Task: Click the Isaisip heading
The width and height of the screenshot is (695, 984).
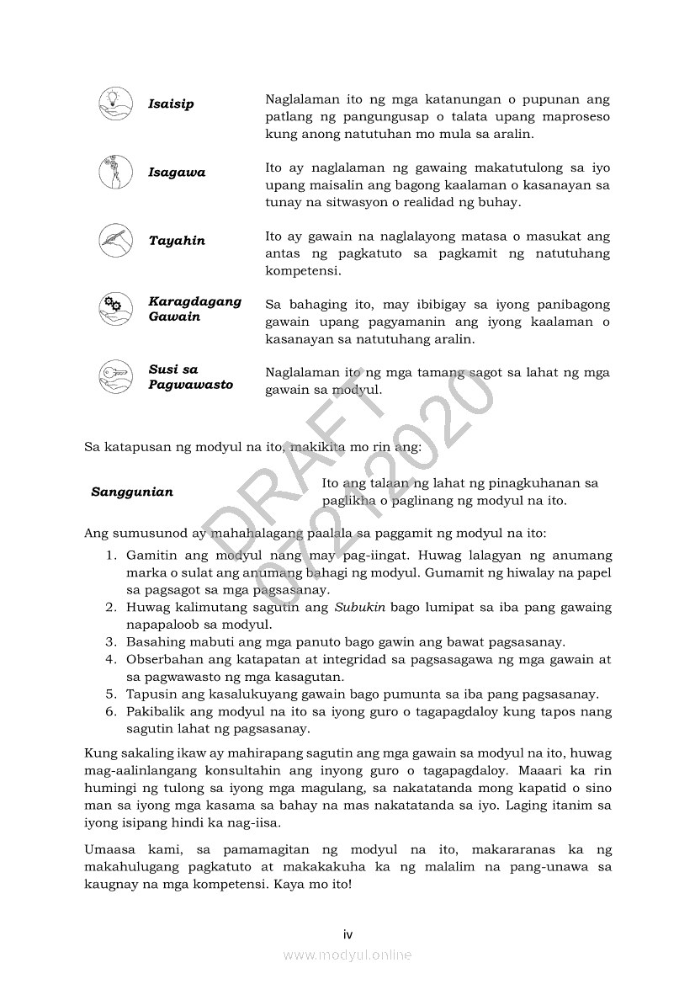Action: [x=171, y=104]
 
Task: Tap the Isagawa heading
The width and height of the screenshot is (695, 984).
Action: [x=177, y=173]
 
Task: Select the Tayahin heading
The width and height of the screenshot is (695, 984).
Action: [x=177, y=241]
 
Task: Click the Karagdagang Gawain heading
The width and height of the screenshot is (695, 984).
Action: [x=194, y=309]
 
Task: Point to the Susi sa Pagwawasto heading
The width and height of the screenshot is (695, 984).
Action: [x=190, y=377]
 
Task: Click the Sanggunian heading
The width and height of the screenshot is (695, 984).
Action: [x=132, y=492]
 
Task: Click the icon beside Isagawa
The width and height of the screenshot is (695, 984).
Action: [x=114, y=173]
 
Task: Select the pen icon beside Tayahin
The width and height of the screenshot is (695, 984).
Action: [x=114, y=241]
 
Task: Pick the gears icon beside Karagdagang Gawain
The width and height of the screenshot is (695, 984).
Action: [x=114, y=309]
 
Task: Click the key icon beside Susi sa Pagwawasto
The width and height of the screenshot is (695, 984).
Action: [x=114, y=377]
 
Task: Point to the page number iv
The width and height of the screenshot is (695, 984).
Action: [x=347, y=934]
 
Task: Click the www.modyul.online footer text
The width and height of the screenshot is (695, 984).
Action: [x=347, y=955]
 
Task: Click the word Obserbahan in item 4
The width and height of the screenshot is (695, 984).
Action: [x=165, y=659]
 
